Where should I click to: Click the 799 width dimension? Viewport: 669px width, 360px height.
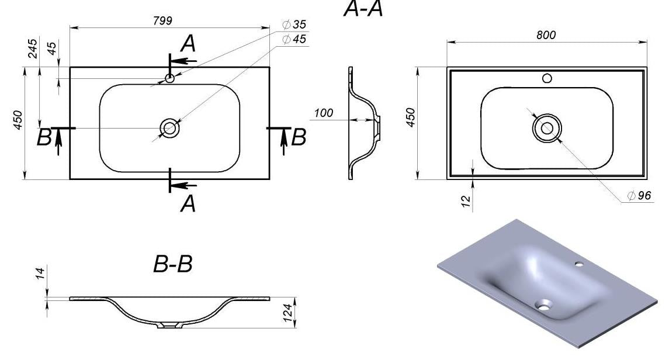click(x=162, y=20)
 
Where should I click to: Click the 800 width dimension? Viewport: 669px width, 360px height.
click(x=546, y=35)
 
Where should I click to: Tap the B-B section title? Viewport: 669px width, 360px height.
click(x=173, y=265)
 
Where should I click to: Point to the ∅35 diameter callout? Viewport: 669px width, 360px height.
click(x=294, y=25)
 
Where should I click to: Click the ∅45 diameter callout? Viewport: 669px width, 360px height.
click(x=294, y=39)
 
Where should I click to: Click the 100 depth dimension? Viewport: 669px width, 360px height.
click(x=323, y=113)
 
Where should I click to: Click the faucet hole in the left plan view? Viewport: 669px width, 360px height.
click(x=169, y=78)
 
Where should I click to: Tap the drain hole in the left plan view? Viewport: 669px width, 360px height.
click(x=169, y=127)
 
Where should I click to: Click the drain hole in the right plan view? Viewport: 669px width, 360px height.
click(x=547, y=127)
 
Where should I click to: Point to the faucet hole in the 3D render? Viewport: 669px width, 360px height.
click(x=578, y=265)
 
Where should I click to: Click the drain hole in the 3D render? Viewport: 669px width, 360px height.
click(x=545, y=304)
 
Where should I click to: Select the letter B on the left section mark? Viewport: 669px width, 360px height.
click(x=44, y=138)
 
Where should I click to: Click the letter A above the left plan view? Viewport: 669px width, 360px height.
click(x=188, y=43)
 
